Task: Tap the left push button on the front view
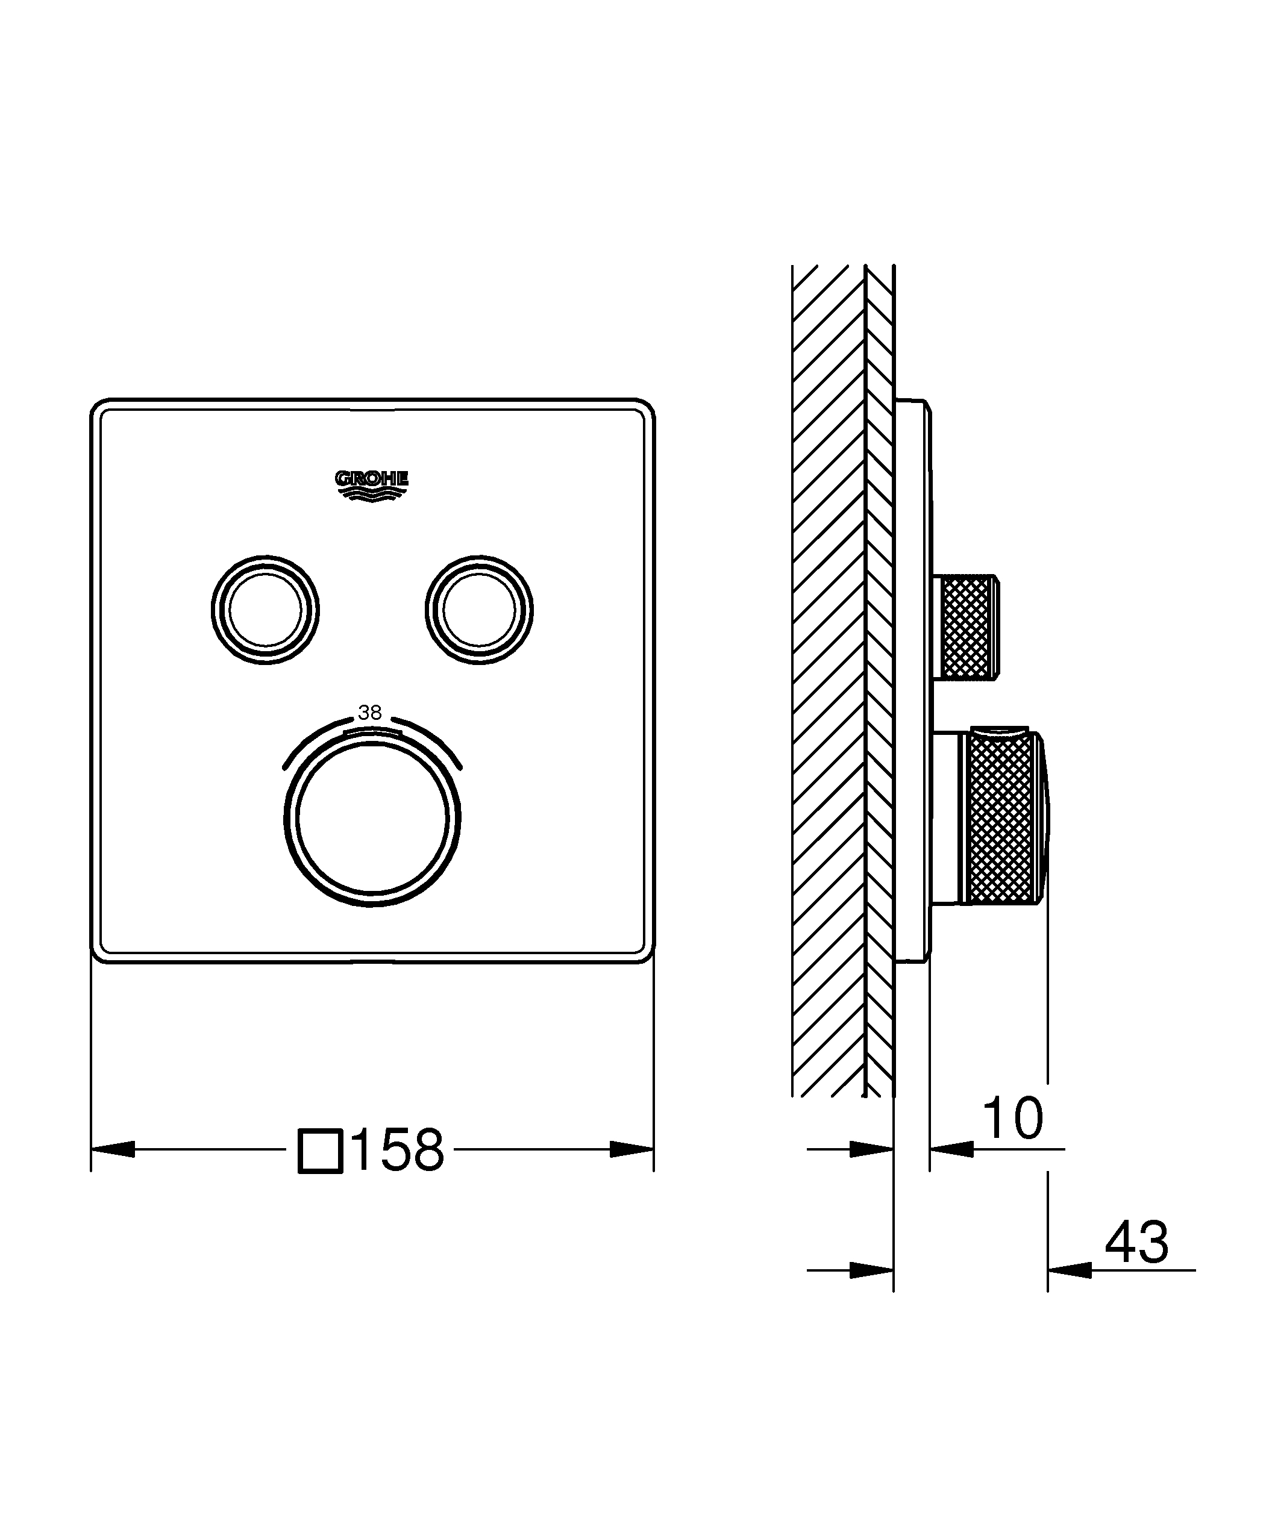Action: (265, 610)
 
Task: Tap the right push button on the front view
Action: (479, 610)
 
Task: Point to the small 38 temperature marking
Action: (370, 713)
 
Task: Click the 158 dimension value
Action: (398, 1149)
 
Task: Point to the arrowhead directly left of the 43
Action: (1069, 1270)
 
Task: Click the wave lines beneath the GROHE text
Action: (372, 495)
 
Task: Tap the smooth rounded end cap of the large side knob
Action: (1043, 819)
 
